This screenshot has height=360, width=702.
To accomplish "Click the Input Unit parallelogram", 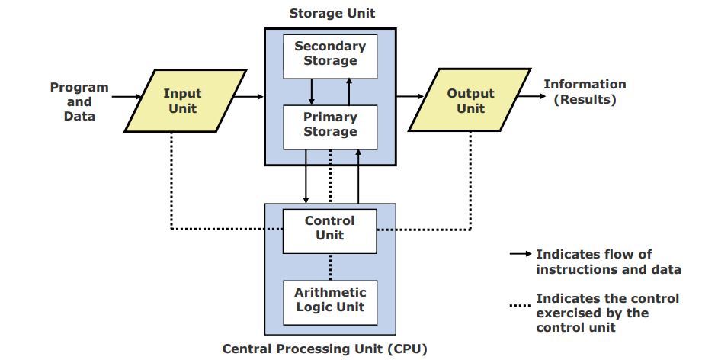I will [x=182, y=101].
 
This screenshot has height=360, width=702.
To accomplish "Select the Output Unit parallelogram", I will [x=470, y=101].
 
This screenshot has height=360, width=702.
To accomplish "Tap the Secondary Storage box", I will [x=330, y=54].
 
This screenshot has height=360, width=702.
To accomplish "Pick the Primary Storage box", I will [x=330, y=125].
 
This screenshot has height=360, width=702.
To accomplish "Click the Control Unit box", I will [x=330, y=229].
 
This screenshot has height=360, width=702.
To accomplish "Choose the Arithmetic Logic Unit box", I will [x=330, y=300].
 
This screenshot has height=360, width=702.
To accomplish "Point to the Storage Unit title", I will [x=332, y=14].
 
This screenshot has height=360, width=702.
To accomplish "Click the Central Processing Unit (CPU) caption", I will [x=325, y=349].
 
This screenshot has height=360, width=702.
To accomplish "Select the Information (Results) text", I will [x=585, y=92].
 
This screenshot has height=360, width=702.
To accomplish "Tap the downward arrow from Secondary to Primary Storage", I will [x=312, y=92].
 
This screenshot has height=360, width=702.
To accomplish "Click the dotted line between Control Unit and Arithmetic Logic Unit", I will [x=330, y=267].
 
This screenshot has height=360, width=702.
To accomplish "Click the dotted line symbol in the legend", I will [x=521, y=306].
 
